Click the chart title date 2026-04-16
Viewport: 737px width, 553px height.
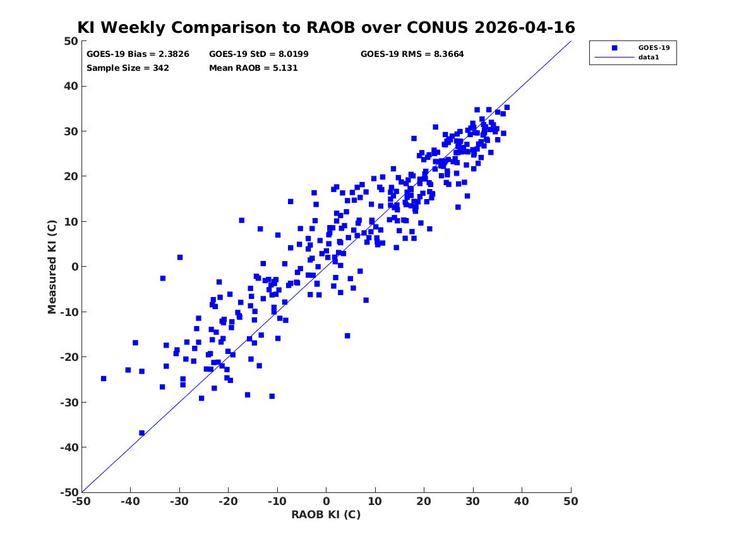click(525, 27)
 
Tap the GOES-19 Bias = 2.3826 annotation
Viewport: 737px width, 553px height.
click(138, 54)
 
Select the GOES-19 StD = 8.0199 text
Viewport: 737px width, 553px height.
click(259, 54)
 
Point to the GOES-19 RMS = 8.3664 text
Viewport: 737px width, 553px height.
click(412, 54)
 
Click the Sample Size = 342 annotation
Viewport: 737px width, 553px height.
click(128, 68)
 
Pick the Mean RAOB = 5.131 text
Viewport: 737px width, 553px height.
click(253, 68)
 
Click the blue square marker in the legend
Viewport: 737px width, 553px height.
click(614, 47)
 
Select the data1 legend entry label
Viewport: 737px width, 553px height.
click(649, 57)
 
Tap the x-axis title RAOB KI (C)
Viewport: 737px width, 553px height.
click(327, 514)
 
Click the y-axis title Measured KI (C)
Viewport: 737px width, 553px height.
click(52, 267)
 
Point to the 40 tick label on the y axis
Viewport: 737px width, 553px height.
click(71, 86)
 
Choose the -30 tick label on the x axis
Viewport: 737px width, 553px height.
click(179, 501)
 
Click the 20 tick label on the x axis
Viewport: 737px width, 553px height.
click(424, 501)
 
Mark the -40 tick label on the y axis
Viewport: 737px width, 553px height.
click(69, 447)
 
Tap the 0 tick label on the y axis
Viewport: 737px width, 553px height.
click(75, 267)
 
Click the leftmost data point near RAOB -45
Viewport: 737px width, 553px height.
click(104, 379)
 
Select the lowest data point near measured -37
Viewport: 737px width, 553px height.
click(141, 433)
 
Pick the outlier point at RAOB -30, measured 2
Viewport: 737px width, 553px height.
click(179, 257)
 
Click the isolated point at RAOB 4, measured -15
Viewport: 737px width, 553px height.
click(347, 336)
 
